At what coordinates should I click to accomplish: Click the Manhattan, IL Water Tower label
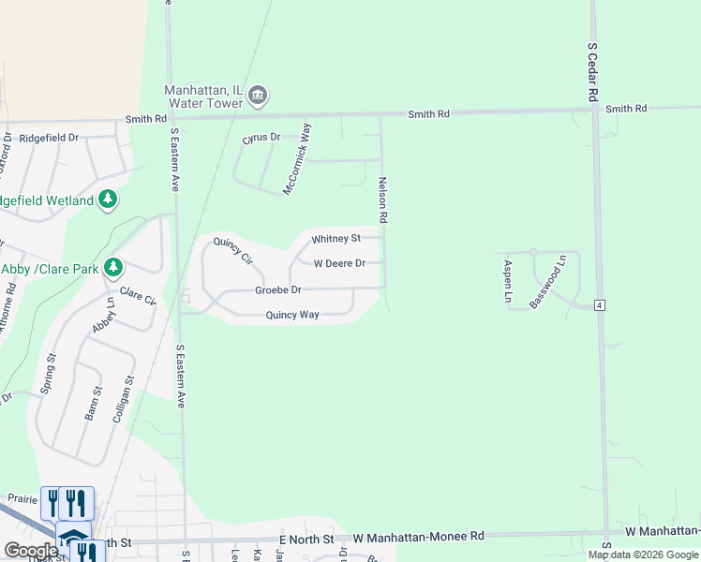[x=203, y=96]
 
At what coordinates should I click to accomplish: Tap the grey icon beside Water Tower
[x=259, y=96]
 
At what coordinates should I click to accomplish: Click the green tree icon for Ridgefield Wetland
[x=109, y=200]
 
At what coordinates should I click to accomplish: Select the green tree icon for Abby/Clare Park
[x=113, y=268]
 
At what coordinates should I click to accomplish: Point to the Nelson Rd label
[x=382, y=200]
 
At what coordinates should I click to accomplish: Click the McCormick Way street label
[x=298, y=157]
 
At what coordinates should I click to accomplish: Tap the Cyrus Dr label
[x=261, y=138]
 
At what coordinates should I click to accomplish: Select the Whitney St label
[x=336, y=239]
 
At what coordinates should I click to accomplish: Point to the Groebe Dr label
[x=278, y=290]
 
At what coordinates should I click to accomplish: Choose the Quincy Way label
[x=292, y=315]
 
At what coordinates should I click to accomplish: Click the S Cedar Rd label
[x=592, y=71]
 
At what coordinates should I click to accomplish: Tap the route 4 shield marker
[x=599, y=304]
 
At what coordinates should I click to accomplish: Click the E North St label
[x=306, y=540]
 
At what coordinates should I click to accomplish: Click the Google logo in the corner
[x=30, y=551]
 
